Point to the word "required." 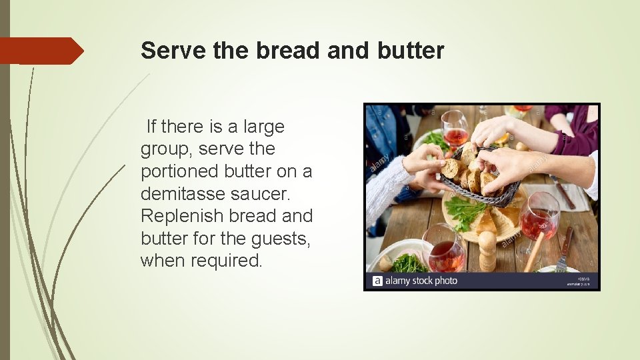pos(227,261)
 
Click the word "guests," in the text pos(279,239)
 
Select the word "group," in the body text pos(166,149)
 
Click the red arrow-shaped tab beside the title pos(41,51)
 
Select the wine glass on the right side pos(540,217)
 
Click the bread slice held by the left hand pos(451,167)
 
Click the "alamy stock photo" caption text pos(422,281)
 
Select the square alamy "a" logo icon pos(377,281)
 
